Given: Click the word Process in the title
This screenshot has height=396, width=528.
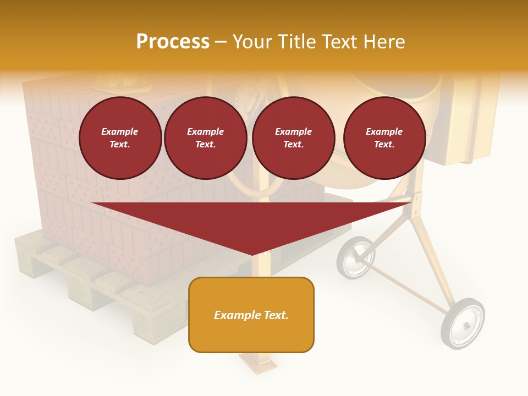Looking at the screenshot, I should (x=173, y=42).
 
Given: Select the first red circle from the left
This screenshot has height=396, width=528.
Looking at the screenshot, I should (x=120, y=138).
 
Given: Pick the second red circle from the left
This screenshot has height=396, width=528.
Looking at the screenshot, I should (x=206, y=138).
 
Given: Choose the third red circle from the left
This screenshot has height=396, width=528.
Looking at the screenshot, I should (x=294, y=138).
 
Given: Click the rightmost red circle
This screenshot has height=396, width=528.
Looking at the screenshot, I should (x=384, y=138).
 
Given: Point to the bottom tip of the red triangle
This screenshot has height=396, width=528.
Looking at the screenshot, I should (x=252, y=254).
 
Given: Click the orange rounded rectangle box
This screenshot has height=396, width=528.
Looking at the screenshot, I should (x=251, y=335).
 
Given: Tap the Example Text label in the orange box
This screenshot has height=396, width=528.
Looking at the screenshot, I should (x=251, y=315).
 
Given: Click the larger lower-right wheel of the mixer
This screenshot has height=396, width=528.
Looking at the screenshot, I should (x=463, y=324).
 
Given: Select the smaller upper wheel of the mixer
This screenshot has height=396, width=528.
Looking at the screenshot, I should (x=356, y=257).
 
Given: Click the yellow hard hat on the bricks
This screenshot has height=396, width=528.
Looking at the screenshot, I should (x=122, y=84).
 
